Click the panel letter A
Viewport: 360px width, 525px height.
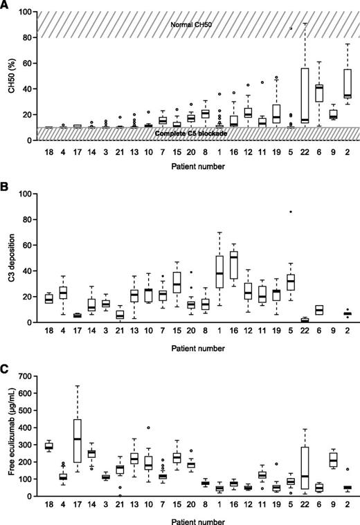[6, 5]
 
